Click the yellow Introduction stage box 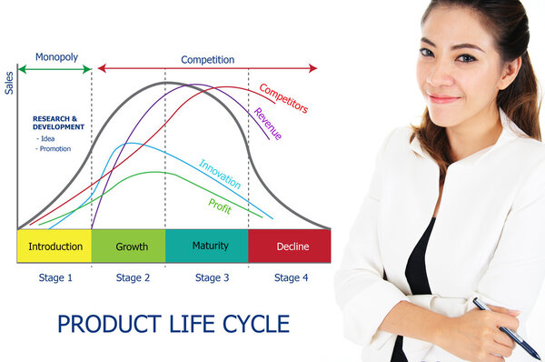[54, 246]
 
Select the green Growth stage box [132, 246]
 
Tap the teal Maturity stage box [210, 246]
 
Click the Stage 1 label [56, 277]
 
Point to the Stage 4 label [292, 277]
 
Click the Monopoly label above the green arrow [55, 56]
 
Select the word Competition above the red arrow [207, 60]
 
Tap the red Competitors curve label [282, 98]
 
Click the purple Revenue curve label [267, 123]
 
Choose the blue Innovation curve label [220, 174]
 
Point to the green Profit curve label [220, 206]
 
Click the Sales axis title [10, 83]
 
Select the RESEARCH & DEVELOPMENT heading [58, 122]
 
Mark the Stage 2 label [133, 277]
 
